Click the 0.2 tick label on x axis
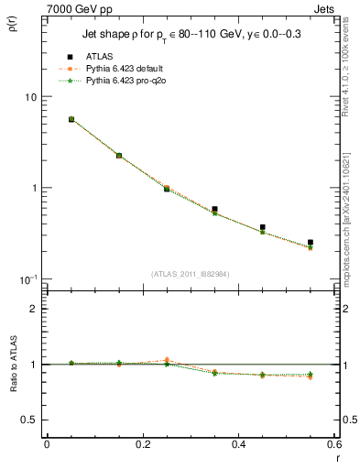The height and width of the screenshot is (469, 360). [142, 444]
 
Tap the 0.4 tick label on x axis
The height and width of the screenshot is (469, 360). [238, 444]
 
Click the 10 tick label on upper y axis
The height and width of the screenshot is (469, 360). [31, 97]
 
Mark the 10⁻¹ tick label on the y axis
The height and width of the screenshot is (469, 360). [27, 278]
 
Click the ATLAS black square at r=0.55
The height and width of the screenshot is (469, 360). [311, 243]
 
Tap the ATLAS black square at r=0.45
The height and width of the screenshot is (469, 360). [262, 227]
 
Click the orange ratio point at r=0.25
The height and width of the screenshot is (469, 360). [166, 360]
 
